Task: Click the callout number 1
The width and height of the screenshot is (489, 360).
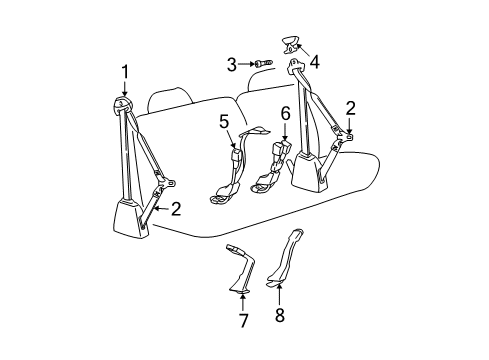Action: (x=126, y=70)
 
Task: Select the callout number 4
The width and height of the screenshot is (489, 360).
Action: (x=314, y=62)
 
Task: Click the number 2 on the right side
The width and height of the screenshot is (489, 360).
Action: (x=350, y=108)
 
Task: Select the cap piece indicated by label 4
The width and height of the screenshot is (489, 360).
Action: (x=292, y=43)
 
